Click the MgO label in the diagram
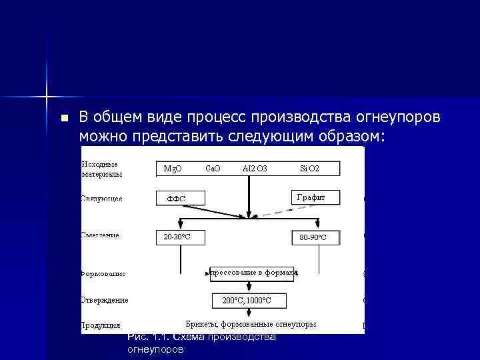tap(173, 169)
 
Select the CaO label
tap(213, 169)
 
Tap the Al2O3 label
tap(255, 169)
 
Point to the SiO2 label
tap(309, 169)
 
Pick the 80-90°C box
tap(315, 237)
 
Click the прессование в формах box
tap(253, 271)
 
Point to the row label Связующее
tap(101, 199)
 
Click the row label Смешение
tap(101, 235)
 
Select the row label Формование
tap(103, 273)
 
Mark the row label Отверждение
tap(105, 300)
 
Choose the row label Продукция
tap(101, 325)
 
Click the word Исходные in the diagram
tap(99, 164)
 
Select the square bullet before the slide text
tap(64, 119)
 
